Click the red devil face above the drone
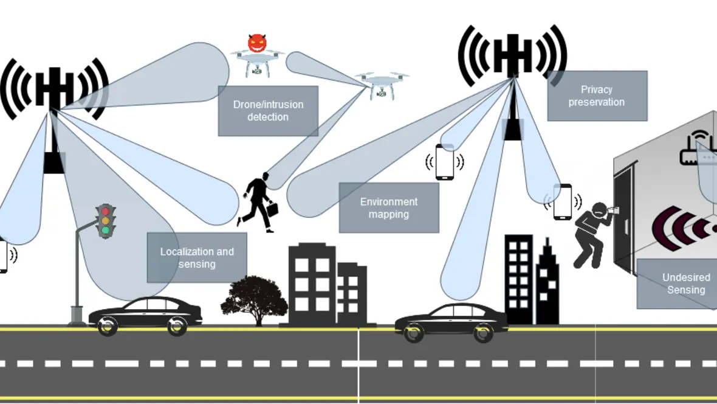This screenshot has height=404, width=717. click(258, 43)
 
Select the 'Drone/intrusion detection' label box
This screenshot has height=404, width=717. click(268, 111)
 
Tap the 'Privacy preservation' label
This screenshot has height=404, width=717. click(597, 96)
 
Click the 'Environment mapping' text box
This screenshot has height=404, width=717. click(389, 208)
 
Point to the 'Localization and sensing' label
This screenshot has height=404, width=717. click(197, 258)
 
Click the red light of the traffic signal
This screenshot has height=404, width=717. click(106, 211)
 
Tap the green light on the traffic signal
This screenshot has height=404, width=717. click(106, 230)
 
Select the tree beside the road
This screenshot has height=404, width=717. click(254, 299)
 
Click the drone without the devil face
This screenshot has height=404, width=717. click(382, 84)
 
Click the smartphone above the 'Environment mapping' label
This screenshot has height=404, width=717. click(445, 162)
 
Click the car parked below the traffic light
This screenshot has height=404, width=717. click(145, 315)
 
